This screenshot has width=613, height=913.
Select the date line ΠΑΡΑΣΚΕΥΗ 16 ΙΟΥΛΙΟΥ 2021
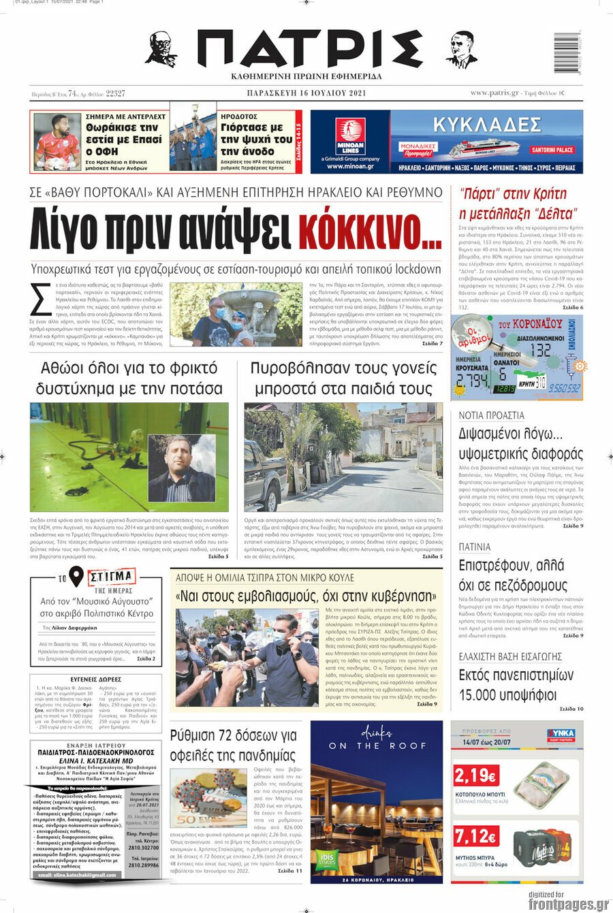306,93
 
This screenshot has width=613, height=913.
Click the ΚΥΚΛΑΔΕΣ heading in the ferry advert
487,125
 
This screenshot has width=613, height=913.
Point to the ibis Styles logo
327,860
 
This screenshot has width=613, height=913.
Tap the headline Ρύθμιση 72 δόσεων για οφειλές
233,745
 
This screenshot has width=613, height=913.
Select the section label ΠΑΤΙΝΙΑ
475,547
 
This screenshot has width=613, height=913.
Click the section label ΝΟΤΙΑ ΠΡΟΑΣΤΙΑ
491,415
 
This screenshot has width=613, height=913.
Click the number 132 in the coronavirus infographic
539,349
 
